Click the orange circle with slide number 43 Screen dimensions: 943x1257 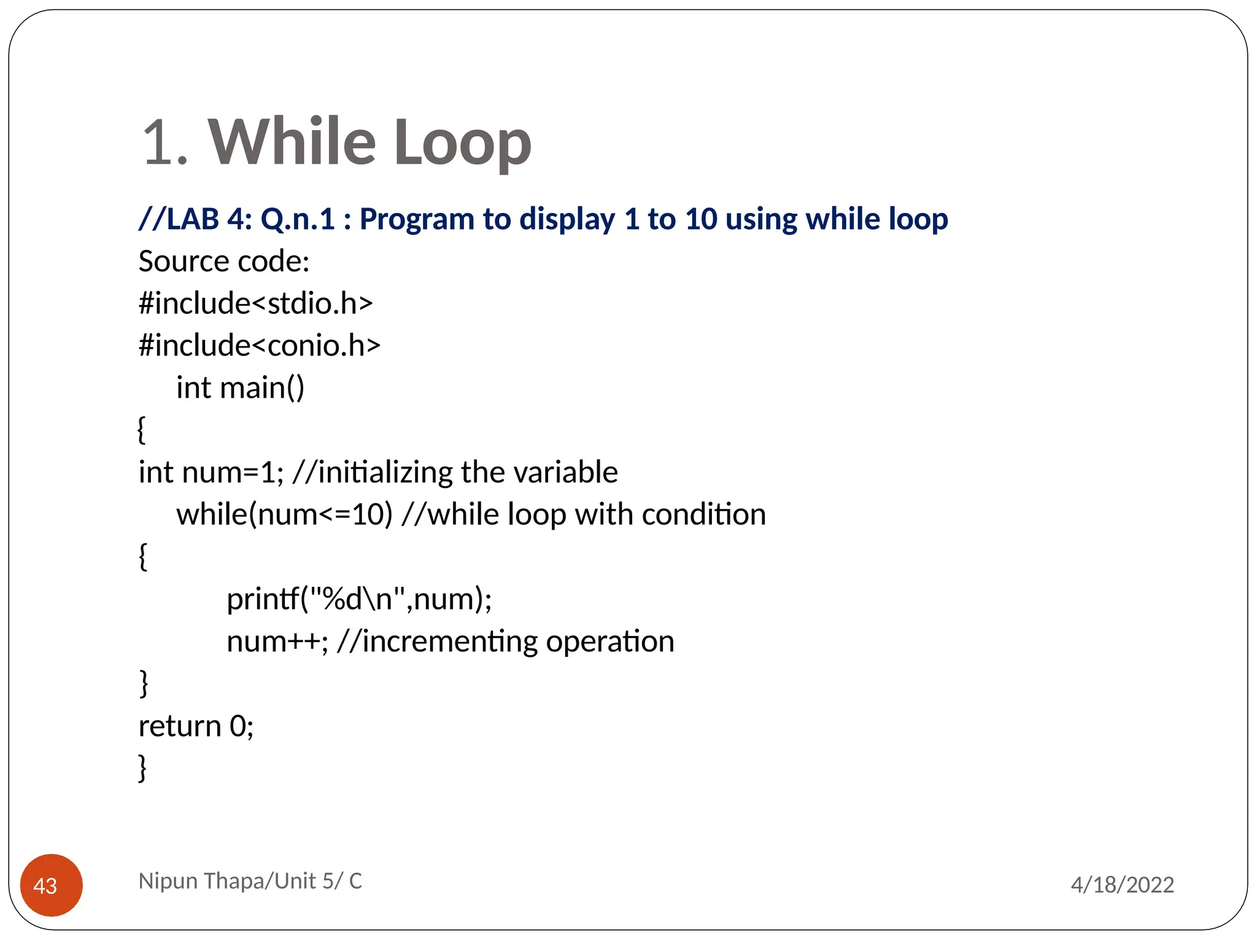pos(51,885)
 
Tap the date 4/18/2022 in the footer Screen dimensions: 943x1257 pos(1122,885)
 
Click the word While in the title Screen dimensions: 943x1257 pos(292,142)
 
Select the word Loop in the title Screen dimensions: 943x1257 pos(462,143)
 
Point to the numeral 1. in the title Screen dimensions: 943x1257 pos(164,143)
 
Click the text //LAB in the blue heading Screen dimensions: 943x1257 pos(179,219)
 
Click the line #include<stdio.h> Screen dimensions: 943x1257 pos(255,303)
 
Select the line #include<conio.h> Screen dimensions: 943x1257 pos(259,346)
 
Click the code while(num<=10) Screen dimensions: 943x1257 pos(284,514)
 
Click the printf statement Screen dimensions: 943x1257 pos(359,599)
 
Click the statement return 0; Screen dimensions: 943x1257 pos(196,726)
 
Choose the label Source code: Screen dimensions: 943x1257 pos(224,262)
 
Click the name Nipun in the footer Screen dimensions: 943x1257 pos(168,881)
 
